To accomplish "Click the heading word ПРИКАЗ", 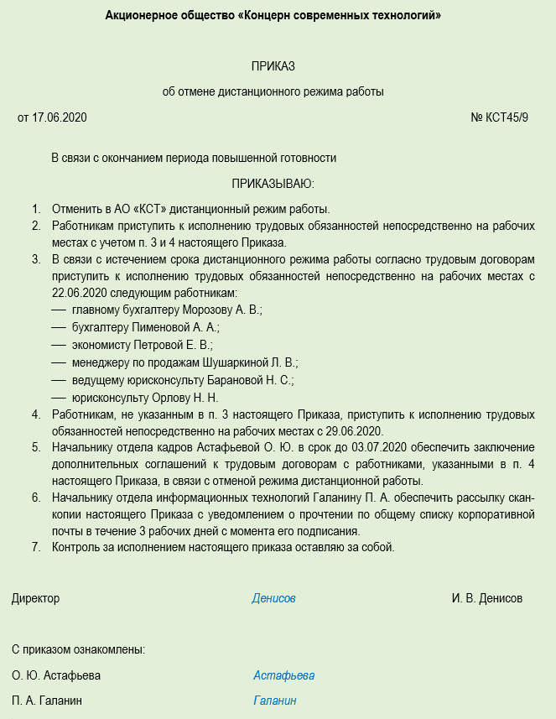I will coord(273,66).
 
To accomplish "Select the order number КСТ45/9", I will coord(507,117).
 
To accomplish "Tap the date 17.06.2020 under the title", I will coord(60,117).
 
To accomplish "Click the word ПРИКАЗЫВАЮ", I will coord(273,183).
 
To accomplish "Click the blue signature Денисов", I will coord(273,599).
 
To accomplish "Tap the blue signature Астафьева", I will coord(283,676).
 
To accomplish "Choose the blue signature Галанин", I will coord(275,701).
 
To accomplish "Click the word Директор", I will coord(36,599).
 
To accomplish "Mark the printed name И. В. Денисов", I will coord(486,599).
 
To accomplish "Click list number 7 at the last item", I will coord(36,548).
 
